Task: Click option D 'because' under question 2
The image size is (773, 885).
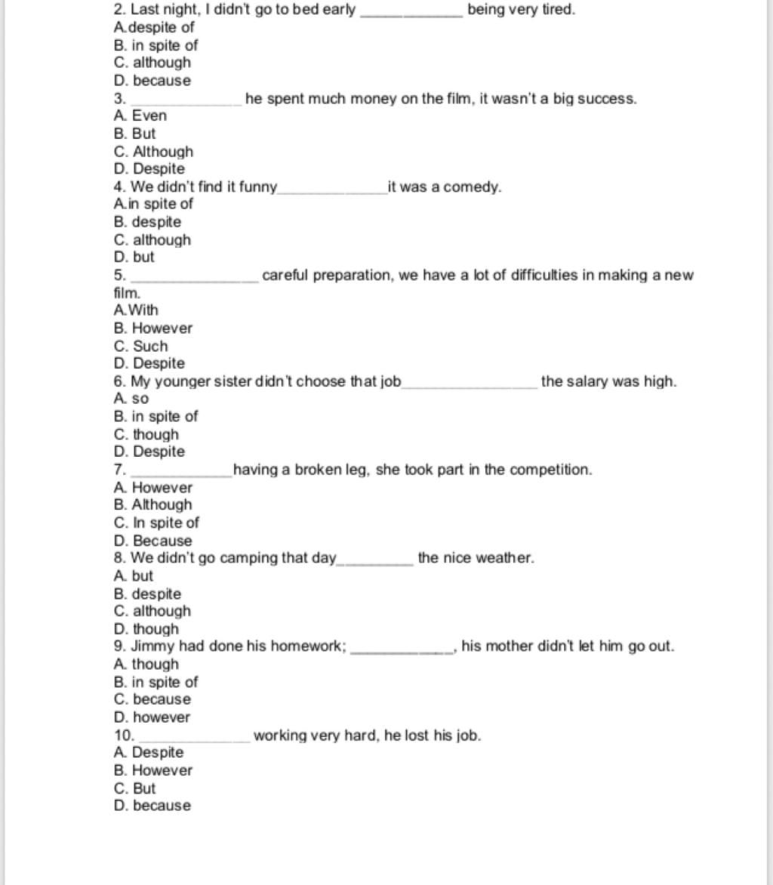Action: click(x=152, y=81)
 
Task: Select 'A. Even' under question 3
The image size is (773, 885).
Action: click(x=140, y=116)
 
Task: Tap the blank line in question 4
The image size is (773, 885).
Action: click(x=332, y=189)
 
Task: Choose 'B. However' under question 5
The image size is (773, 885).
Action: click(x=153, y=328)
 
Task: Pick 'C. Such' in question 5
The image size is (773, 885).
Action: click(x=141, y=346)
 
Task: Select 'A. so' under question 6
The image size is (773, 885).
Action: click(x=131, y=399)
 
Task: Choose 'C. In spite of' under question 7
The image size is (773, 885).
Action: click(x=157, y=523)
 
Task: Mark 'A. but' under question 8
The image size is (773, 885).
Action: click(x=133, y=575)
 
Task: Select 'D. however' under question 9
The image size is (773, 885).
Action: click(x=152, y=717)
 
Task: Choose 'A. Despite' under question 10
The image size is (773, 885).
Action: click(x=149, y=752)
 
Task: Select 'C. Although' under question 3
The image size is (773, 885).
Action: click(x=154, y=151)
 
